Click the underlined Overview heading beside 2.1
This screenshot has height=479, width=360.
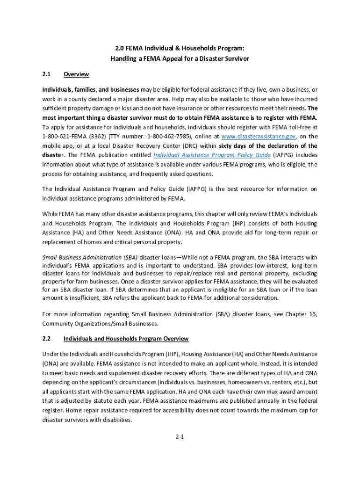76,74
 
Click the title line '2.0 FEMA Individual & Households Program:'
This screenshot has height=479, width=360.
180,49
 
